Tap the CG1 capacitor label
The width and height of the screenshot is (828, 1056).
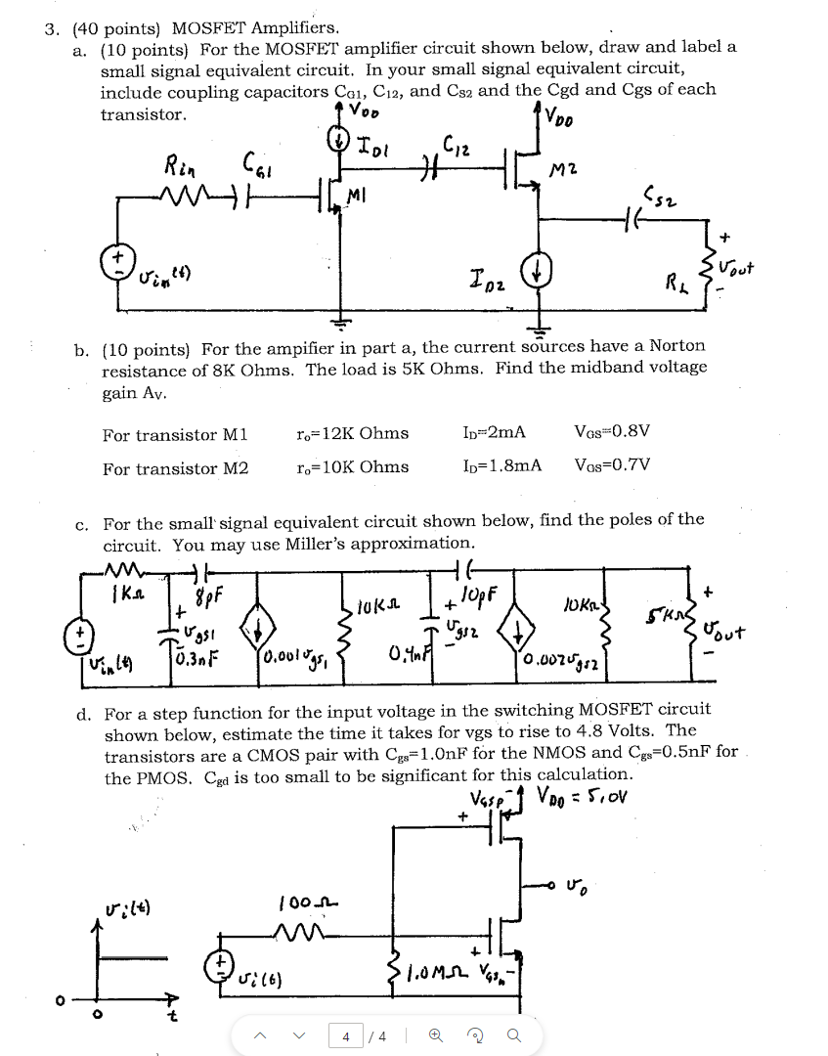(253, 163)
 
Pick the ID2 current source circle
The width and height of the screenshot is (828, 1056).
(535, 271)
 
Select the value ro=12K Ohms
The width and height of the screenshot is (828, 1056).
(352, 433)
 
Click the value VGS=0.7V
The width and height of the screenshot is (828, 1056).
(613, 466)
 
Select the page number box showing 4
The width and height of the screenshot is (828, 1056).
(344, 1033)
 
